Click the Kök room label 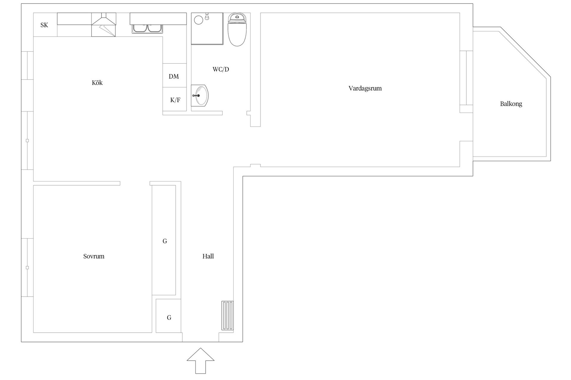coord(97,83)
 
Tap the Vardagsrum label coord(365,88)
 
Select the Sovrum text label coord(94,256)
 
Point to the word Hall coord(208,256)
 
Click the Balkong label coord(511,104)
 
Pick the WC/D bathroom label coord(221,69)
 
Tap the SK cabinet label coord(44,25)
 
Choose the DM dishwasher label coord(174,77)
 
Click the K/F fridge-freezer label coord(175,100)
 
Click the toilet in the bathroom coord(237,29)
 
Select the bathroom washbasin coord(200,96)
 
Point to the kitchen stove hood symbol coord(103,25)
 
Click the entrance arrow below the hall coord(200,361)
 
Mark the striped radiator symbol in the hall coord(228,316)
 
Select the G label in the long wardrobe coord(165,241)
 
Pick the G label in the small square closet coord(169,318)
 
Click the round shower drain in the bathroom coord(198,20)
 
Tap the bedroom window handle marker coord(27,267)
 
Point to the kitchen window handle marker coord(27,141)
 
